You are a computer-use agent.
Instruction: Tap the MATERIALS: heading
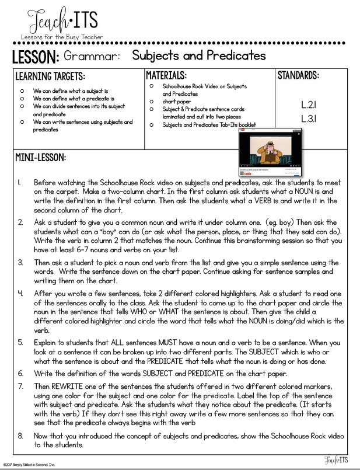[x=166, y=75]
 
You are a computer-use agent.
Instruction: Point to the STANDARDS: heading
[x=298, y=76]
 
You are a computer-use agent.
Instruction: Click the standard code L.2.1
[x=309, y=105]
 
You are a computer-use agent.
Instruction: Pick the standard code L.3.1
[x=309, y=119]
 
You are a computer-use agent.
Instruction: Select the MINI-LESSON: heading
[x=41, y=158]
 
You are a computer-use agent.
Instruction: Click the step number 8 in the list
[x=20, y=436]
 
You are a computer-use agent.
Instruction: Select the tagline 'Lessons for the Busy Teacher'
[x=61, y=37]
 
